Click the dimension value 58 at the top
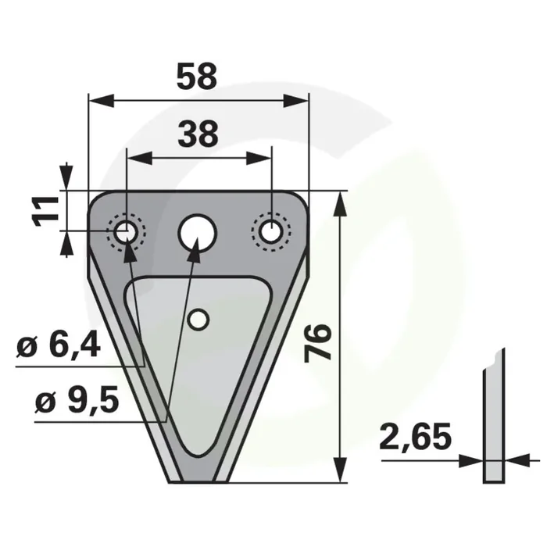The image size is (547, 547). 197,76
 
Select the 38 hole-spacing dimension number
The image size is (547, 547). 198,134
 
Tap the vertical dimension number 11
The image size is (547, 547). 45,212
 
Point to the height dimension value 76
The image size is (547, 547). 317,343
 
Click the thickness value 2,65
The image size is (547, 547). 415,436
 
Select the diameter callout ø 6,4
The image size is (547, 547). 59,346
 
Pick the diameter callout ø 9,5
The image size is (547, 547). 77,402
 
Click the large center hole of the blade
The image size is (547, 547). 198,232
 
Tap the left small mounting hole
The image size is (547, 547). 126,231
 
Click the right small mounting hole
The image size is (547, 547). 271,231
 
